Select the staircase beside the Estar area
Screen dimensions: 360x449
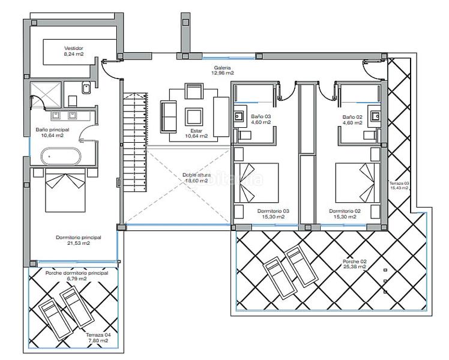pos(134,141)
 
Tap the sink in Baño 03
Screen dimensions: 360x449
pos(238,115)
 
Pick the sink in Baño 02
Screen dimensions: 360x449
pos(375,115)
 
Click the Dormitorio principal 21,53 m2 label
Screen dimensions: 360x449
pos(79,240)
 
